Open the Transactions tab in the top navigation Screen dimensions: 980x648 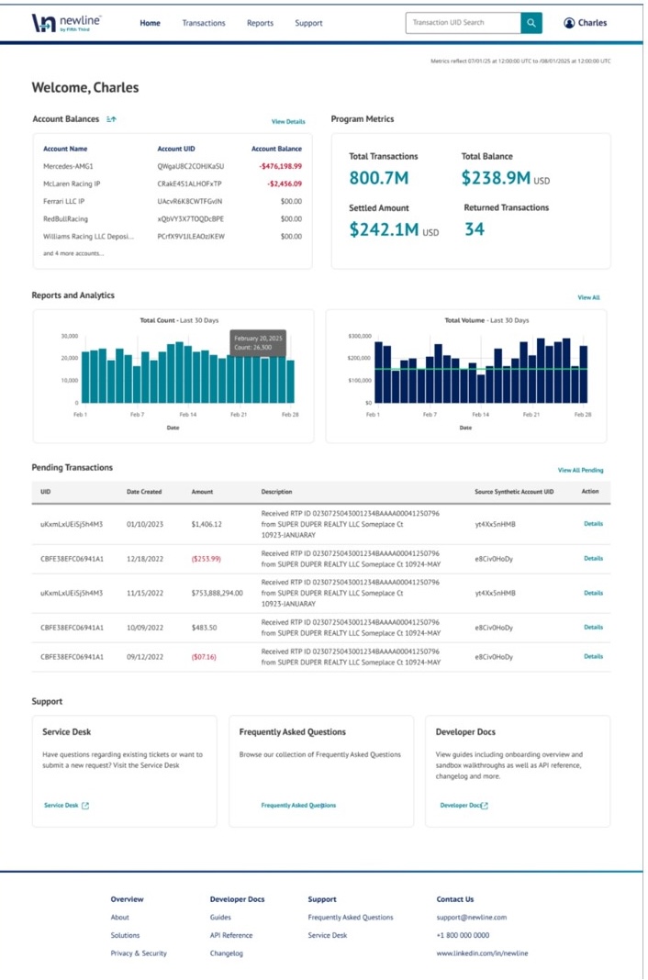tap(203, 23)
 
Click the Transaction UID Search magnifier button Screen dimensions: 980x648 tap(531, 23)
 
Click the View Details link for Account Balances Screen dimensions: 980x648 tap(288, 121)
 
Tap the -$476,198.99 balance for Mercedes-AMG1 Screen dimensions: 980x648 tap(280, 166)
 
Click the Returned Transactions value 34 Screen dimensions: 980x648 tap(474, 229)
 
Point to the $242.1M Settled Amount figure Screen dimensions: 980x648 tap(385, 230)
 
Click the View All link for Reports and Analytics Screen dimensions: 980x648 tap(588, 297)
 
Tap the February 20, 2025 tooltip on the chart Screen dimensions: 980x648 tap(257, 342)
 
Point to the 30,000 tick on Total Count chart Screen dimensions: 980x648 tap(70, 336)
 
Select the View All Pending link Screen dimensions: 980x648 tap(580, 470)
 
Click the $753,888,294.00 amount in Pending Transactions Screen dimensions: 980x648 tap(218, 593)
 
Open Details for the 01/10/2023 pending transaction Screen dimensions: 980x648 tap(593, 524)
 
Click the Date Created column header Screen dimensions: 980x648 tap(144, 492)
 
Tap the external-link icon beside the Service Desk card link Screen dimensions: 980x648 tap(85, 806)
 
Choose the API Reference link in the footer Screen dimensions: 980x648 tap(230, 935)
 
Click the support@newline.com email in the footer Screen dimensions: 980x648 tap(471, 917)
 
